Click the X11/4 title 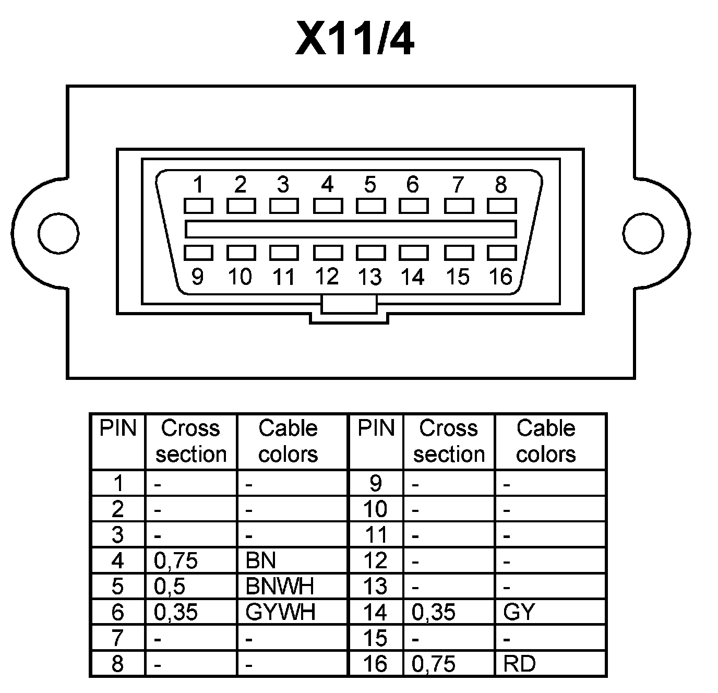[354, 39]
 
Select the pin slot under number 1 [198, 206]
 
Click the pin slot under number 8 [501, 206]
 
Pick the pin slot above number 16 [501, 253]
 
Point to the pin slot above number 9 [198, 253]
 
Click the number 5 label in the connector [370, 184]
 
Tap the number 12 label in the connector [327, 276]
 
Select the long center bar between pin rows [351, 229]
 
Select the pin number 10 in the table [375, 509]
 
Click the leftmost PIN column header [118, 429]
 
